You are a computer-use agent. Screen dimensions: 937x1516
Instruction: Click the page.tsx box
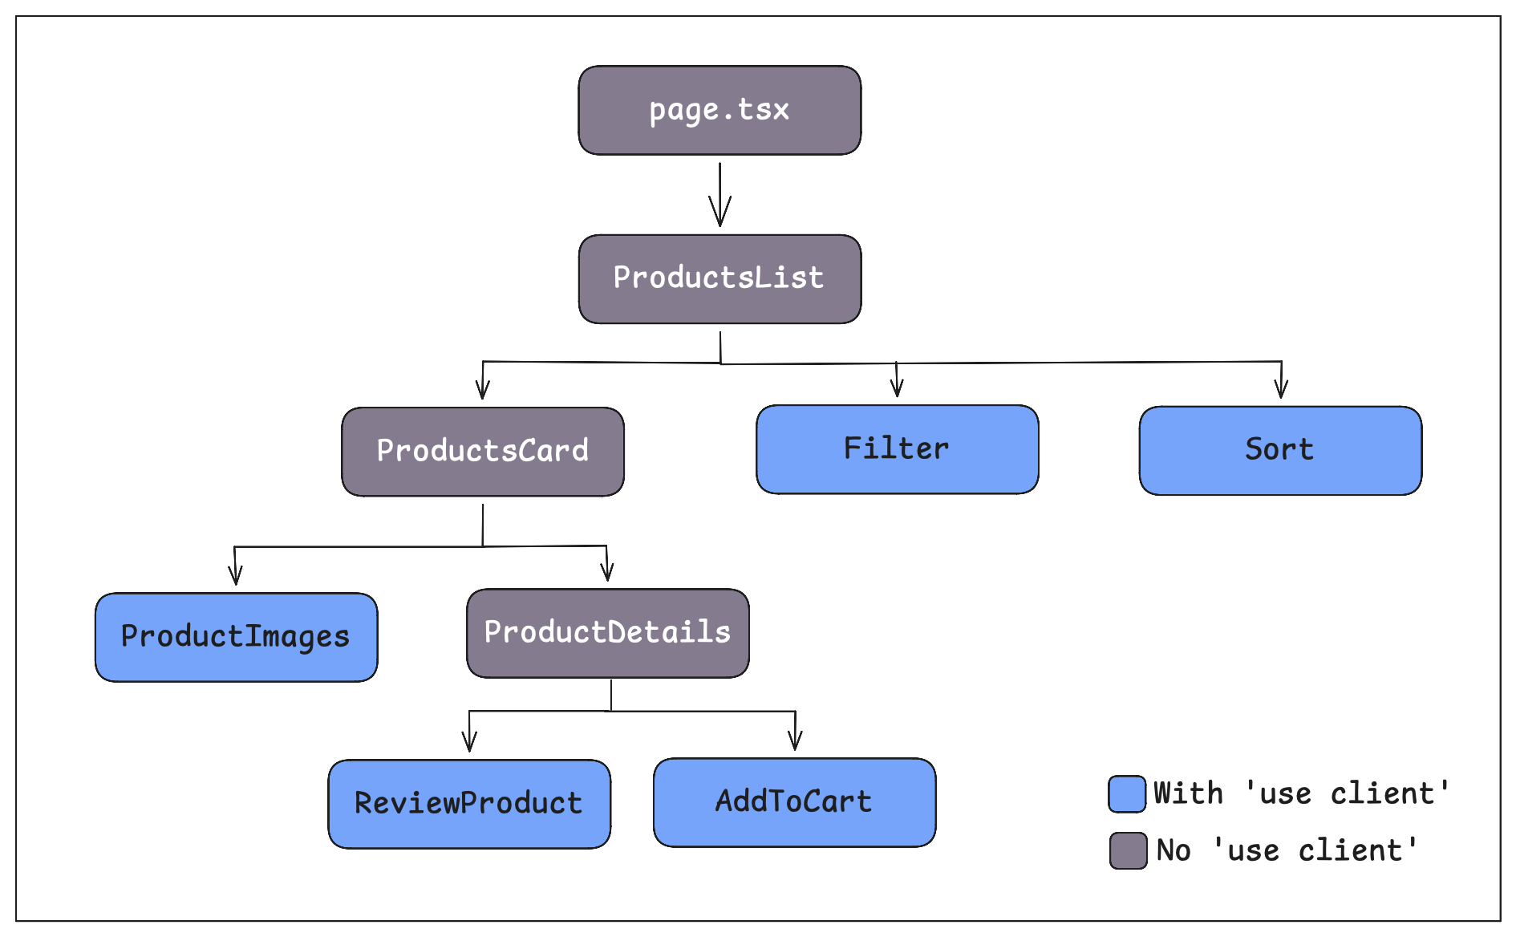pyautogui.click(x=719, y=110)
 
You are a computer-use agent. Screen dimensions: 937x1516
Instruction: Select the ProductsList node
pyautogui.click(x=719, y=278)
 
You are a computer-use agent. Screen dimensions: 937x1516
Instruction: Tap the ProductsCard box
pyautogui.click(x=483, y=451)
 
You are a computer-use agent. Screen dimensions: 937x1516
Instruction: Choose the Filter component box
pyautogui.click(x=897, y=448)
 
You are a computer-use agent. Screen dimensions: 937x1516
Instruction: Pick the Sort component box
pyautogui.click(x=1280, y=449)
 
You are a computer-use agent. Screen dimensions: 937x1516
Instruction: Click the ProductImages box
pyautogui.click(x=236, y=637)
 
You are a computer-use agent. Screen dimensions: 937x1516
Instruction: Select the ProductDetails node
pyautogui.click(x=607, y=632)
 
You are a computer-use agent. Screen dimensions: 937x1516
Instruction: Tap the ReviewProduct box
pyautogui.click(x=469, y=803)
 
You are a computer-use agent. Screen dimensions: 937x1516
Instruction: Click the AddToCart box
pyautogui.click(x=794, y=801)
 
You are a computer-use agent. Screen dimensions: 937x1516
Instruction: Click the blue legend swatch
pyautogui.click(x=1127, y=794)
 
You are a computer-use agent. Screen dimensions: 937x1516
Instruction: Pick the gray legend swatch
pyautogui.click(x=1128, y=850)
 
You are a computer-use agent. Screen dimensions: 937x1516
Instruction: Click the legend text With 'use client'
pyautogui.click(x=1301, y=793)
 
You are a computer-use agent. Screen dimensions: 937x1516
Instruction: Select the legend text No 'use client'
pyautogui.click(x=1287, y=850)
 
